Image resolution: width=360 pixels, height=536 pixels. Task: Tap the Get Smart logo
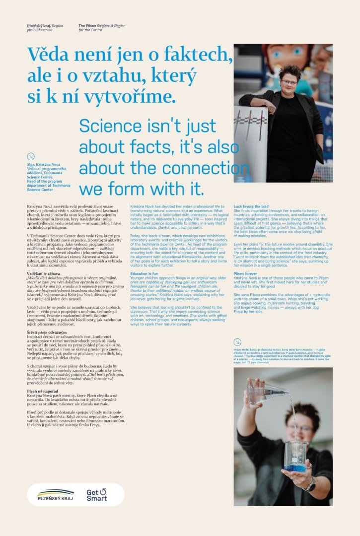(x=96, y=495)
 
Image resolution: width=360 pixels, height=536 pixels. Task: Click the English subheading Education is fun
(x=144, y=273)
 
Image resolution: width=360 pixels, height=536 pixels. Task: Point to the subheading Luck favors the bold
(x=251, y=206)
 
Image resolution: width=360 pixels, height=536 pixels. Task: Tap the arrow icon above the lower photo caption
(x=237, y=341)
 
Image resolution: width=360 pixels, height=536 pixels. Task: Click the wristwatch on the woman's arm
(x=310, y=483)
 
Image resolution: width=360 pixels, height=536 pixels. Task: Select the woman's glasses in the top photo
(x=288, y=82)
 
